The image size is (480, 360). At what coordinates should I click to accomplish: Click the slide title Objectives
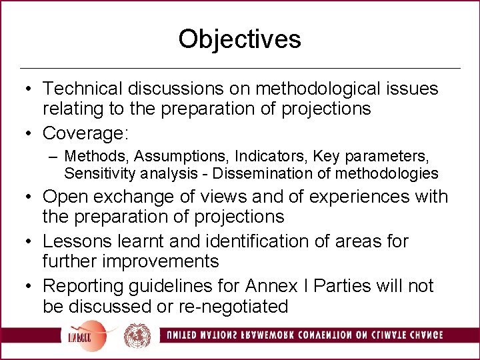(239, 39)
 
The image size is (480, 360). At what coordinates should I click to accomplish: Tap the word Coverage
(82, 133)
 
